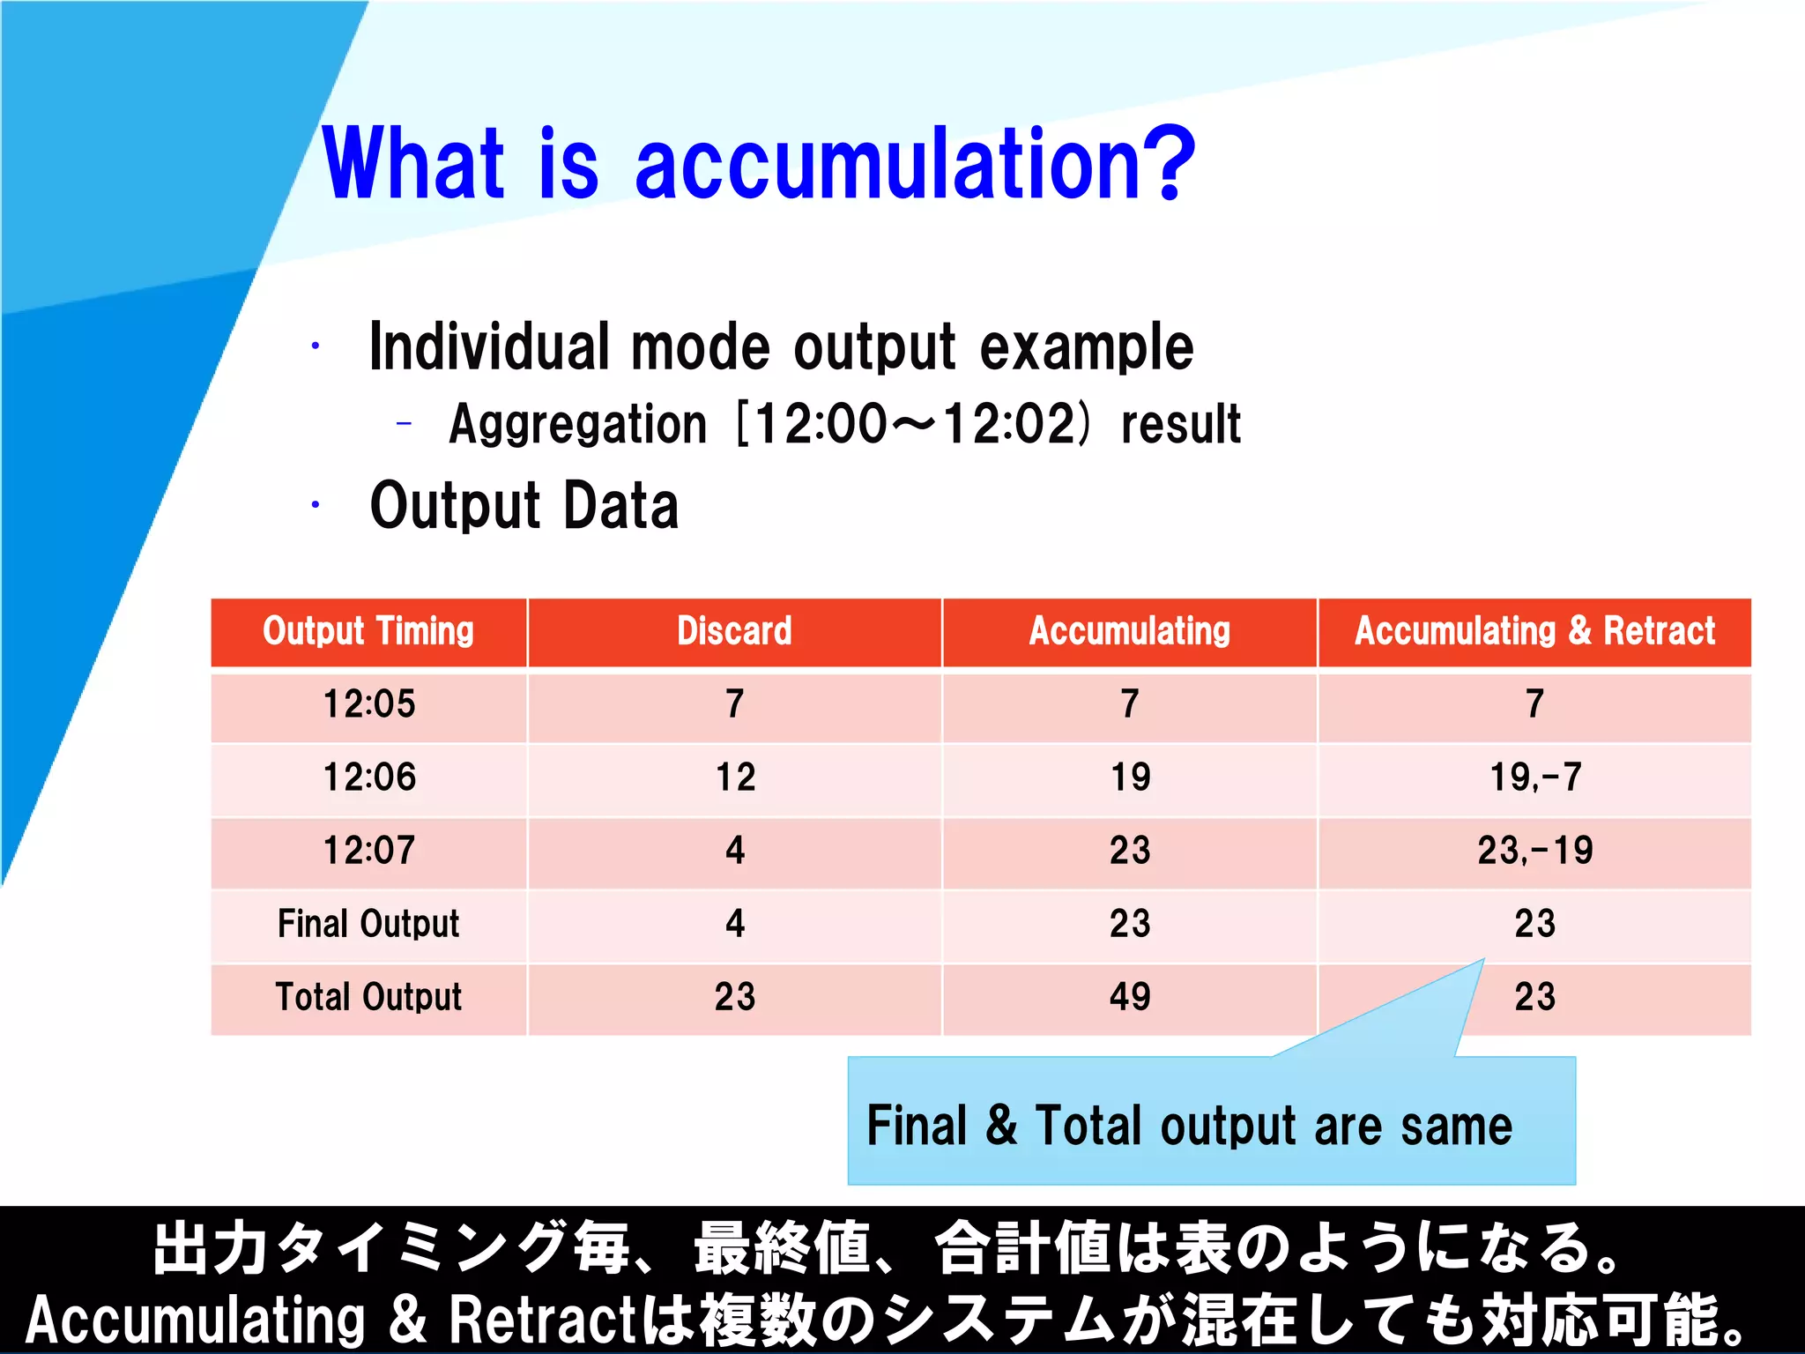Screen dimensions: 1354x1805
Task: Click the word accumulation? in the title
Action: coord(914,165)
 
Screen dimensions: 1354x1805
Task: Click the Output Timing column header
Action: coord(368,631)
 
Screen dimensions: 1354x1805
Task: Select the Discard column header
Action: coord(734,631)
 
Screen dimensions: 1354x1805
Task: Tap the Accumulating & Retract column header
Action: coord(1534,631)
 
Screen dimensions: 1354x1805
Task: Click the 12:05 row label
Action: coord(368,704)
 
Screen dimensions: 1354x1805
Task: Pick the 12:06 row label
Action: coord(368,777)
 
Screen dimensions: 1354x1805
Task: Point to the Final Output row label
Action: coord(368,924)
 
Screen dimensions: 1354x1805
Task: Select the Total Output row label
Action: coord(368,997)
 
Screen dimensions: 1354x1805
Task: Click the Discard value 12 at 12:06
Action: coord(735,777)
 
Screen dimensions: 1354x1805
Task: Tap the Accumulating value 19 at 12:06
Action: coord(1130,777)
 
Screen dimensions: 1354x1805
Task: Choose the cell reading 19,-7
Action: coord(1534,777)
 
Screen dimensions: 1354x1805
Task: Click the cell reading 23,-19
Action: coord(1534,851)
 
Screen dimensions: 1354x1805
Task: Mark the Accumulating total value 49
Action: coord(1130,997)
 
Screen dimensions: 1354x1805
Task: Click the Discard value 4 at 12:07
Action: coord(735,851)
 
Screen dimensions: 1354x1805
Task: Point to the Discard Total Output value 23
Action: coord(735,997)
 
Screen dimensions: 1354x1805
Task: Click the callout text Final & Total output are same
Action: coord(1189,1126)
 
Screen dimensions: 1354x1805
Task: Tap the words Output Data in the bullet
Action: coord(524,506)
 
